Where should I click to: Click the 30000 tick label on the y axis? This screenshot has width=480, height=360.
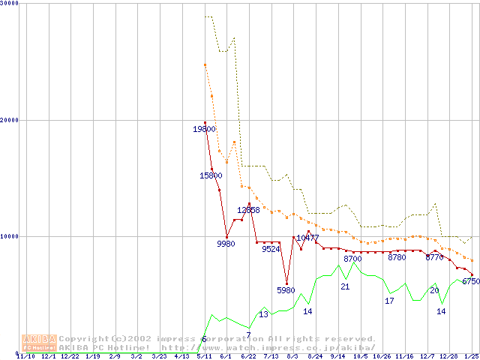tap(10, 4)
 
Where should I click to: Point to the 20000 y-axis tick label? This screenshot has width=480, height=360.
tap(10, 120)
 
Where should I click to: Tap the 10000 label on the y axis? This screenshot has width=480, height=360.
tap(10, 236)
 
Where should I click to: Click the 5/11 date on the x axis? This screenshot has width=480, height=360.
tap(203, 356)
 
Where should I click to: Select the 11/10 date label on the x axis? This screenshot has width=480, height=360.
tap(25, 356)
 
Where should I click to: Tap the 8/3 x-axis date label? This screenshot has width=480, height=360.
tap(292, 356)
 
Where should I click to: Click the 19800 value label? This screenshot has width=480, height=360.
tap(205, 129)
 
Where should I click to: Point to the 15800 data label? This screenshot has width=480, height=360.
tap(211, 175)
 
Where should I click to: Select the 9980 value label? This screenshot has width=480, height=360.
tap(226, 244)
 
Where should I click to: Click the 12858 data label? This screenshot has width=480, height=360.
tap(249, 210)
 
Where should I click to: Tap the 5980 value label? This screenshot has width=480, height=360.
tap(286, 289)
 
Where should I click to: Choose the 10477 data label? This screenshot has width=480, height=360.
tap(307, 238)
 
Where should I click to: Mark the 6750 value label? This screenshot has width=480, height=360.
tap(471, 281)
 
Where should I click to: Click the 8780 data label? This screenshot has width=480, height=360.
tap(397, 257)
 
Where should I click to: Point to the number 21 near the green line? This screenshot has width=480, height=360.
tap(345, 286)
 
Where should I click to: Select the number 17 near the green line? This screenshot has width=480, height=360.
tap(389, 301)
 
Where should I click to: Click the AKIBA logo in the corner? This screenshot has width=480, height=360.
tap(39, 343)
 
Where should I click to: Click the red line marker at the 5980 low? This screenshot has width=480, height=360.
tap(286, 283)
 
